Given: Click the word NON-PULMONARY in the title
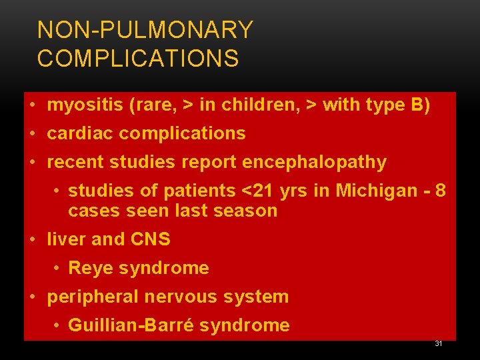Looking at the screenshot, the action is [145, 29].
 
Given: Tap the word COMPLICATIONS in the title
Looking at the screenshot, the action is [138, 58].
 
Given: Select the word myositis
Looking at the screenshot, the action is [85, 105].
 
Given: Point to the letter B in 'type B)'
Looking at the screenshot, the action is [417, 105].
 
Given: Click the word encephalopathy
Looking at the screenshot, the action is [315, 163].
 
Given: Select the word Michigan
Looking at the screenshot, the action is [377, 191].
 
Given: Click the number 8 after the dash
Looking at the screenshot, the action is [440, 191].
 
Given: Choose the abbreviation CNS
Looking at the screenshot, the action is [150, 239].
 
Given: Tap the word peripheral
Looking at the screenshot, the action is [93, 297].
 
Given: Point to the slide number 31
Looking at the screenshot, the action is [439, 343].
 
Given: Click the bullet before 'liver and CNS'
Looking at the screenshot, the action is [33, 239].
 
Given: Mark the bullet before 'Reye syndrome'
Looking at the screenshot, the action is [56, 268].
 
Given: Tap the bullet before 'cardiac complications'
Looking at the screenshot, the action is [33, 133].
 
